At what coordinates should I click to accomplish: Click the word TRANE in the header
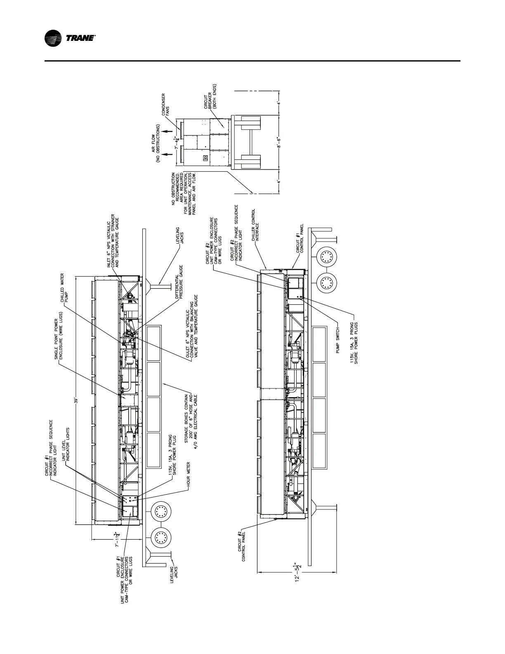point(81,39)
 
